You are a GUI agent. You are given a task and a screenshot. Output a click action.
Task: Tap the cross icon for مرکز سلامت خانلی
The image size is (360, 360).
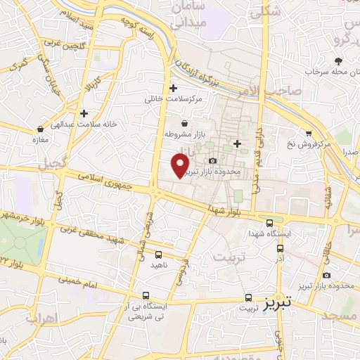[x=173, y=88]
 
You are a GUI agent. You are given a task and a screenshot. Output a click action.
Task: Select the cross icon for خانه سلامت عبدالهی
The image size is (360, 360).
[x=84, y=112]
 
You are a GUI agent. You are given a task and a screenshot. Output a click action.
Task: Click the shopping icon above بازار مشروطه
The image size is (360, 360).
[x=184, y=124]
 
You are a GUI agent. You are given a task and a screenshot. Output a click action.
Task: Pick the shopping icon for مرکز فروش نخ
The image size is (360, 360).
[x=308, y=134]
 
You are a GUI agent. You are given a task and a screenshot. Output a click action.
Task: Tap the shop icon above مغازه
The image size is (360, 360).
[x=39, y=129]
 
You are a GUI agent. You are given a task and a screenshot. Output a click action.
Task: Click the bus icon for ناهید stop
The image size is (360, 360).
[x=158, y=255]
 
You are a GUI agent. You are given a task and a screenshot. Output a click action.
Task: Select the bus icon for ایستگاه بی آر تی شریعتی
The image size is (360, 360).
[x=146, y=295]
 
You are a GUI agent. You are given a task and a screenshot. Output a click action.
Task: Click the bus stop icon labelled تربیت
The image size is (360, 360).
[x=246, y=297]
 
